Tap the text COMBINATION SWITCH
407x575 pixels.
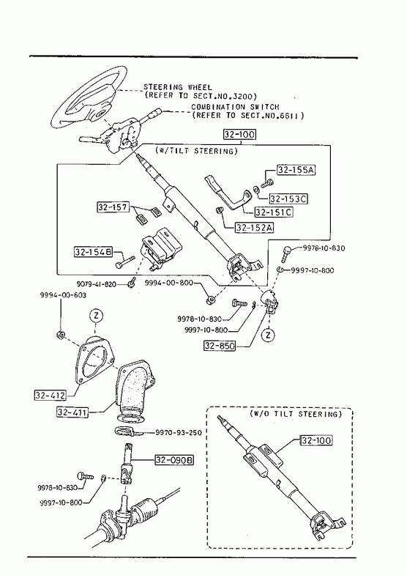[235, 107]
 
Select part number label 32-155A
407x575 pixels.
[296, 170]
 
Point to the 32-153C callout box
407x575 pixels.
[288, 199]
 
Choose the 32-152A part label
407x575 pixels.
[255, 227]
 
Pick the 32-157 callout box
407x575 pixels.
[113, 207]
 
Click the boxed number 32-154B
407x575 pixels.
[93, 252]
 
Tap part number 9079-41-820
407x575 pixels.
[97, 284]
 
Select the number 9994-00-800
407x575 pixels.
[169, 283]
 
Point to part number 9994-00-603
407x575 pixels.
[64, 295]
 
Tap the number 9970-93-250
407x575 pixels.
[179, 433]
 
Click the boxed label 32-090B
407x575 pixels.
[174, 459]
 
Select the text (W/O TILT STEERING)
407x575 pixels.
[296, 414]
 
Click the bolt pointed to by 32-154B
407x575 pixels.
[125, 262]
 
